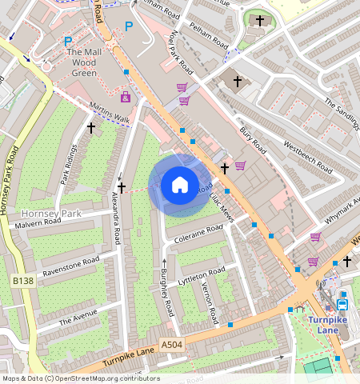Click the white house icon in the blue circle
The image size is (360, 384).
click(x=180, y=186)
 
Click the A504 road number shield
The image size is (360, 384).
click(x=172, y=344)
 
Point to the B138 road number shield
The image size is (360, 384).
click(x=22, y=282)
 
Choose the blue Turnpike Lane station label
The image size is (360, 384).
click(x=330, y=326)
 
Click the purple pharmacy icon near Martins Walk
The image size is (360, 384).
click(x=125, y=97)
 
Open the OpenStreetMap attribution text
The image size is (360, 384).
click(x=80, y=378)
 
